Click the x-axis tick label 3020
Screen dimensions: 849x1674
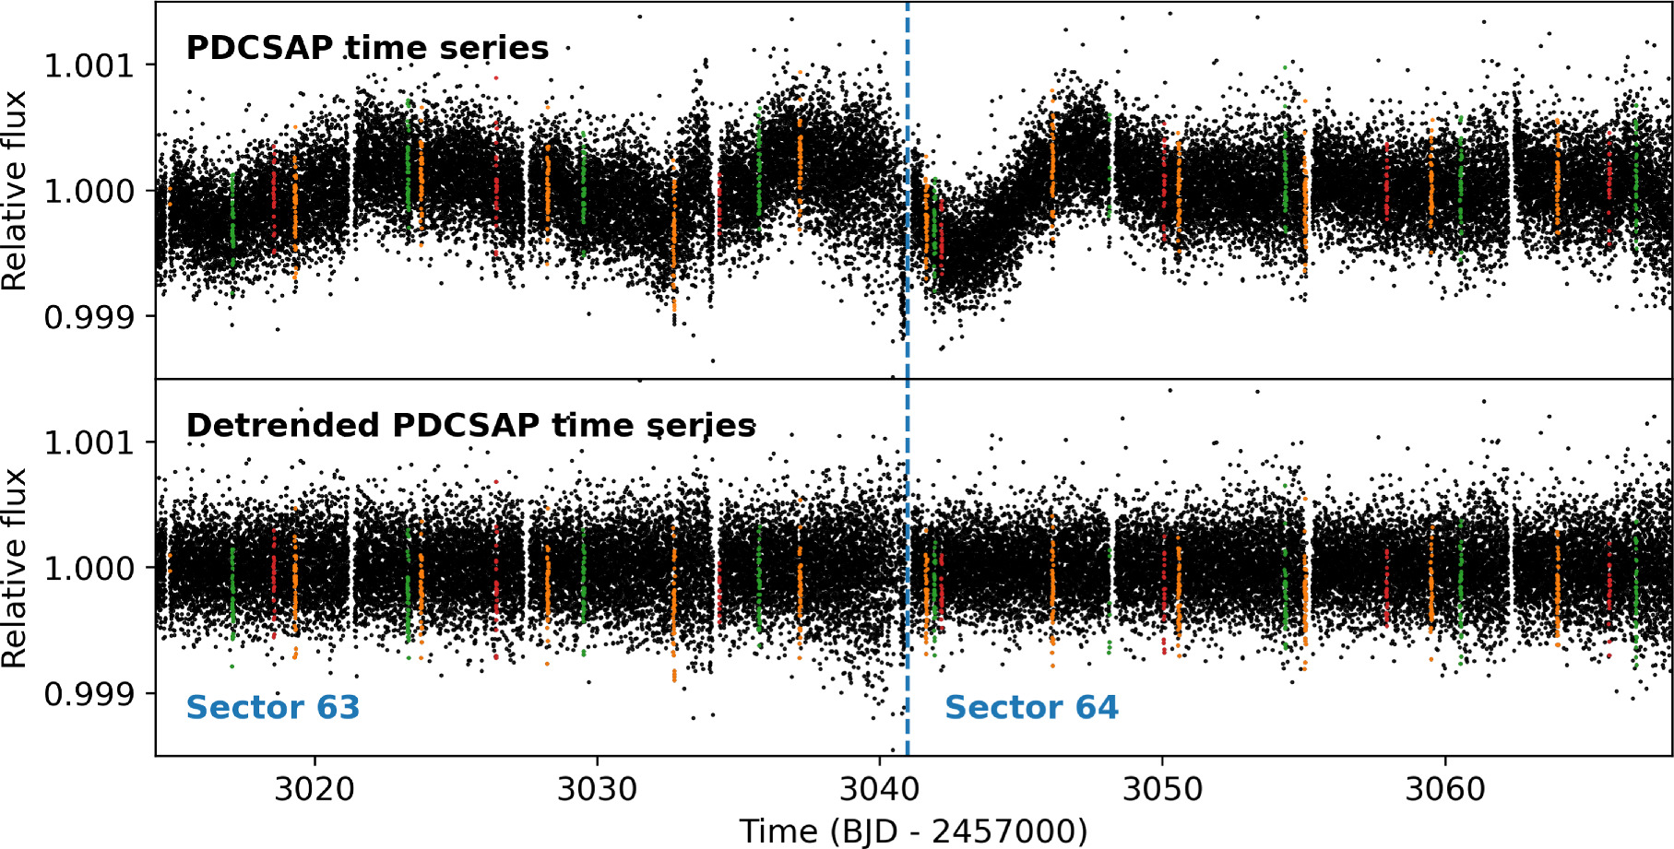(315, 789)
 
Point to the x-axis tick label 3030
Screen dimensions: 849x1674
(597, 789)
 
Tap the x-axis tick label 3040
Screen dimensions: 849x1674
(879, 789)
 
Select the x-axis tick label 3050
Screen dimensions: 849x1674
(1161, 789)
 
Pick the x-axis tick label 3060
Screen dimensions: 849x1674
(1444, 789)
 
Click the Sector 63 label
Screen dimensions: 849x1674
(272, 707)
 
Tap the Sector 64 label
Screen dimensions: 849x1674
(1031, 707)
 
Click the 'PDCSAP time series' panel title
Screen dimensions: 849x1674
(367, 48)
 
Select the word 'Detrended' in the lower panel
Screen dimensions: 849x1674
(283, 425)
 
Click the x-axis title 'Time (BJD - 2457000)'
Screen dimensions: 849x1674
(913, 831)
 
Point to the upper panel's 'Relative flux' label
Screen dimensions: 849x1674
(15, 191)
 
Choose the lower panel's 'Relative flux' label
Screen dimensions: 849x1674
(15, 568)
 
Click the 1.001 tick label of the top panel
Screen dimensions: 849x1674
(89, 65)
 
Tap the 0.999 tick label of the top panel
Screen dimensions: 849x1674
(89, 317)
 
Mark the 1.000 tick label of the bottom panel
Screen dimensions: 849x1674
(89, 568)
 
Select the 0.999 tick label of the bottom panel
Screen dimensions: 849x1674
(89, 693)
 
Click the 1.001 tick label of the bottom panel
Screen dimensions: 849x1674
(89, 442)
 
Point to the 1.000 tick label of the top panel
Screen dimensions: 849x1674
(89, 191)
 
